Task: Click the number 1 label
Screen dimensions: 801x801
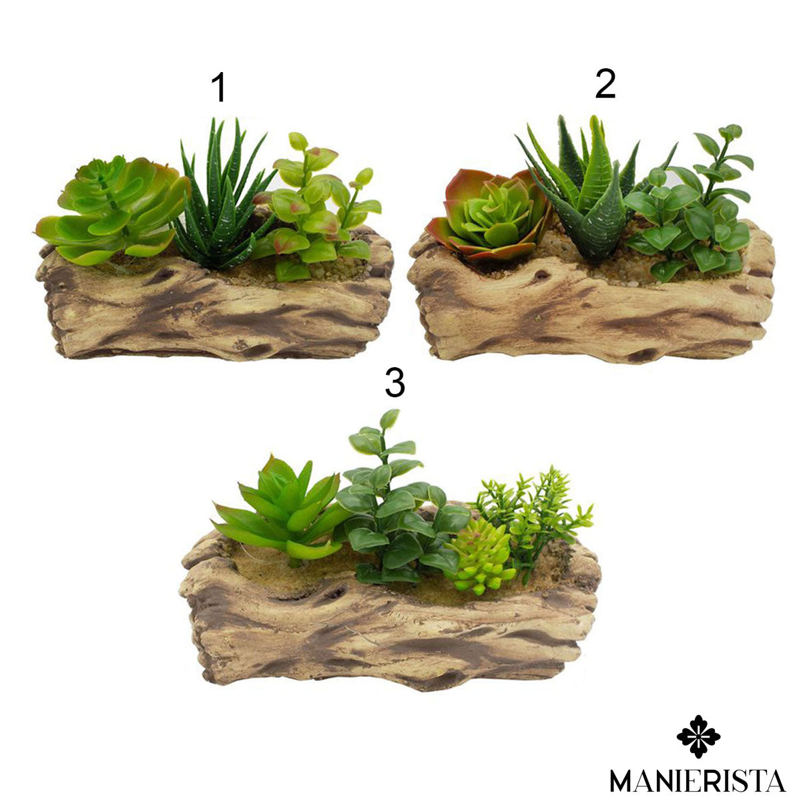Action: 219,87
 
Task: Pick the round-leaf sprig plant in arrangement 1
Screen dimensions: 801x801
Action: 318,208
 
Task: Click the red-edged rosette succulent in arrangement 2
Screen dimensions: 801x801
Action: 489,216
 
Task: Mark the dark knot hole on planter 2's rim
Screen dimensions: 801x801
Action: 541,275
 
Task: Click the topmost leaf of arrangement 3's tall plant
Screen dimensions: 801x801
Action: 389,419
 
